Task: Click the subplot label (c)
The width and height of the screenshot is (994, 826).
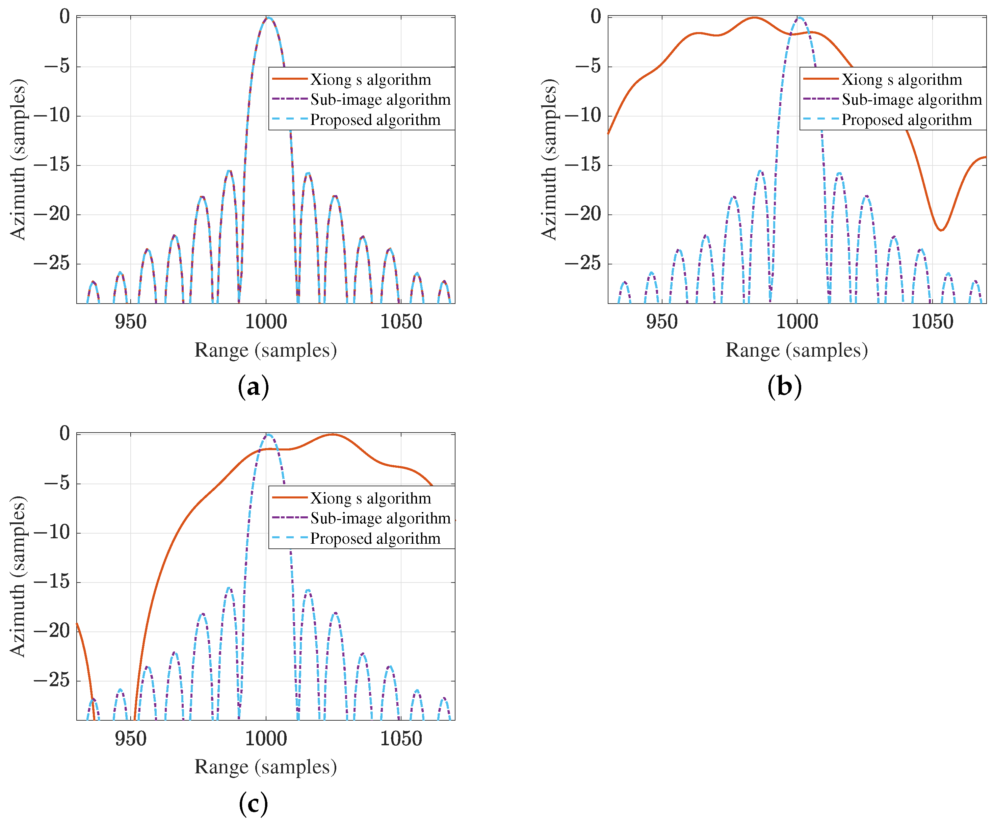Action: [x=253, y=804]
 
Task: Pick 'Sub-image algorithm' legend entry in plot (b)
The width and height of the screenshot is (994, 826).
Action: [x=912, y=99]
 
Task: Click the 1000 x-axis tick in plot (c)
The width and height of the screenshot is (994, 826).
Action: [x=266, y=739]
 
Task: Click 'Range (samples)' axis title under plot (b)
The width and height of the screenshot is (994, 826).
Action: [x=796, y=350]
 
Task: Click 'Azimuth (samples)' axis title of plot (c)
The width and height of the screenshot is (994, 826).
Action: [x=18, y=576]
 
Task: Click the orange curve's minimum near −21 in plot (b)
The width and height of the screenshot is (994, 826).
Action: [x=941, y=230]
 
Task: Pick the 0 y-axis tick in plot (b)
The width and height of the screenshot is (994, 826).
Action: [x=596, y=17]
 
